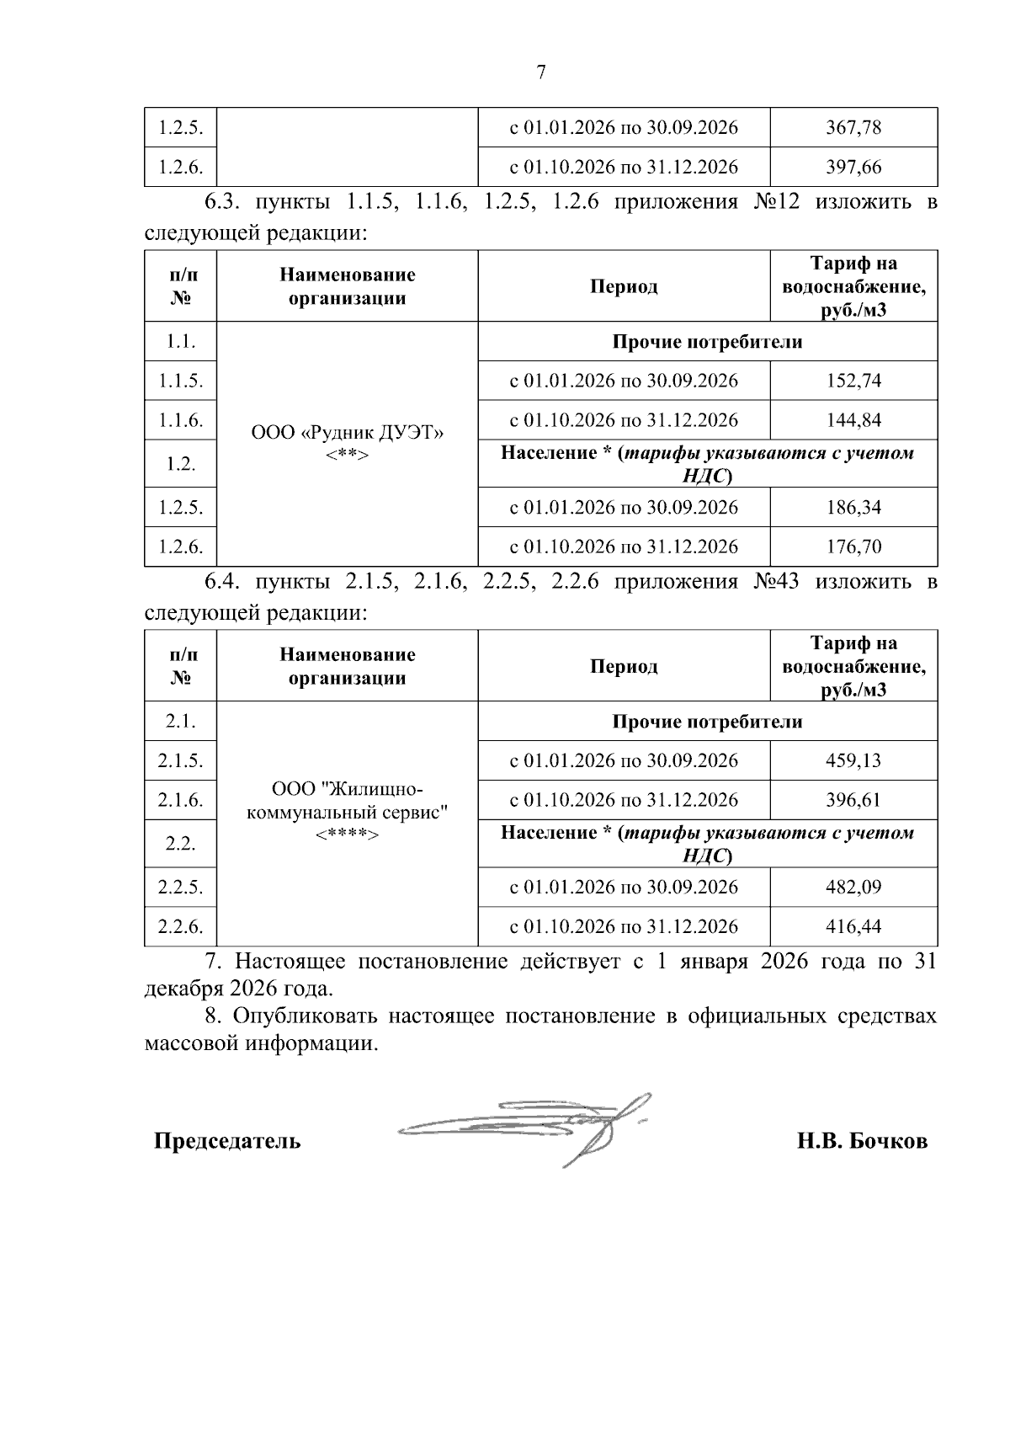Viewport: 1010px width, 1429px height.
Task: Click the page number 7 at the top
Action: [541, 72]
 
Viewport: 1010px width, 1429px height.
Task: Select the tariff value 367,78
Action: [853, 127]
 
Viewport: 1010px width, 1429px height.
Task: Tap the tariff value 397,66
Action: [853, 167]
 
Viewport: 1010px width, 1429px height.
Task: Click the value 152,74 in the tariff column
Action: [853, 381]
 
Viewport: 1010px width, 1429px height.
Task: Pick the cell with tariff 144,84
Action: [853, 420]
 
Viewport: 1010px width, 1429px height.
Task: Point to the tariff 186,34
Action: [853, 507]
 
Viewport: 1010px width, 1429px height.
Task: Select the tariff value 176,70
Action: [853, 547]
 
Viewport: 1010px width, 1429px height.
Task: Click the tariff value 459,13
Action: [853, 760]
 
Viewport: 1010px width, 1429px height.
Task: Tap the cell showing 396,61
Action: [853, 800]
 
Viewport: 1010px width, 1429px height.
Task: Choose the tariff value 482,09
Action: [853, 887]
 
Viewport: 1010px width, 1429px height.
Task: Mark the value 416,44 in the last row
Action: [853, 926]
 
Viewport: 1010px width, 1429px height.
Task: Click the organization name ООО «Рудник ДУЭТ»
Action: [347, 433]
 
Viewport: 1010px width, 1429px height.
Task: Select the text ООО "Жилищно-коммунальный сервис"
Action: [347, 801]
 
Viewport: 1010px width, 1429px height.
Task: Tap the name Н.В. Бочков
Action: [863, 1141]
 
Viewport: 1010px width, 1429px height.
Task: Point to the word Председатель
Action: [227, 1141]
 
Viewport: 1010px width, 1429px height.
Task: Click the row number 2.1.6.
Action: [180, 800]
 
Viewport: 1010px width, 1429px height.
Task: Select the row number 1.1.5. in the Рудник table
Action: [180, 381]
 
